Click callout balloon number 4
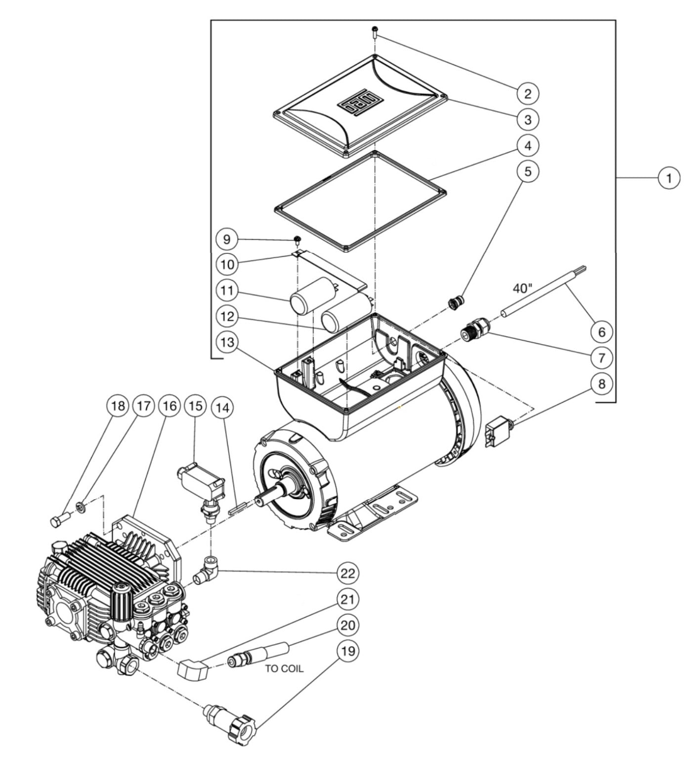528,146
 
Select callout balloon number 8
602,384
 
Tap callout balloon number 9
227,239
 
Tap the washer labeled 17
82,506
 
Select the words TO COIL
284,668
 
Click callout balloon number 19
348,651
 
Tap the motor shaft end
261,500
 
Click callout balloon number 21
348,599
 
